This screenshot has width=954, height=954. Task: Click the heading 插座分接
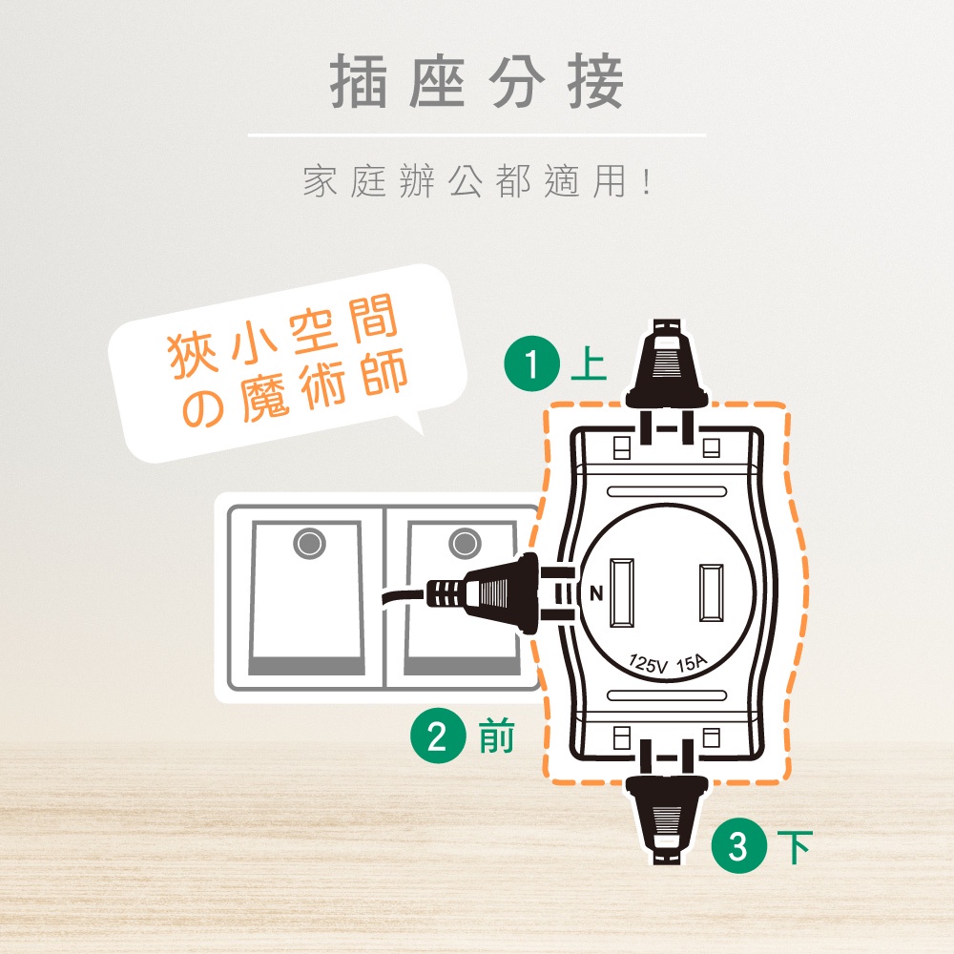tap(477, 81)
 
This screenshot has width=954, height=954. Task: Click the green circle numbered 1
tap(531, 364)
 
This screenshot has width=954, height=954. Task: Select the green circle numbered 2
tap(438, 736)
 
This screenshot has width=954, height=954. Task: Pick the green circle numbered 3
tap(739, 845)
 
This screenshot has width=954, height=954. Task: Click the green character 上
tap(589, 363)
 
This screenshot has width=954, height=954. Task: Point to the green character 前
tap(496, 736)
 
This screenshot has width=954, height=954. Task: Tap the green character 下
tap(795, 847)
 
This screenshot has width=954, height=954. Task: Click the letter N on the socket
tap(596, 593)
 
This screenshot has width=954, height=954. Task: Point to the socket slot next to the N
tap(622, 592)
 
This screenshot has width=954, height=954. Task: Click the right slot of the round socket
tap(712, 592)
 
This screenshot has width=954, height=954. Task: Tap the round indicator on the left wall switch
tap(310, 543)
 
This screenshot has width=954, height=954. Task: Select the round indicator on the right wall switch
tap(465, 543)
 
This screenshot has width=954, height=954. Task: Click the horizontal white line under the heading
tap(477, 135)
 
